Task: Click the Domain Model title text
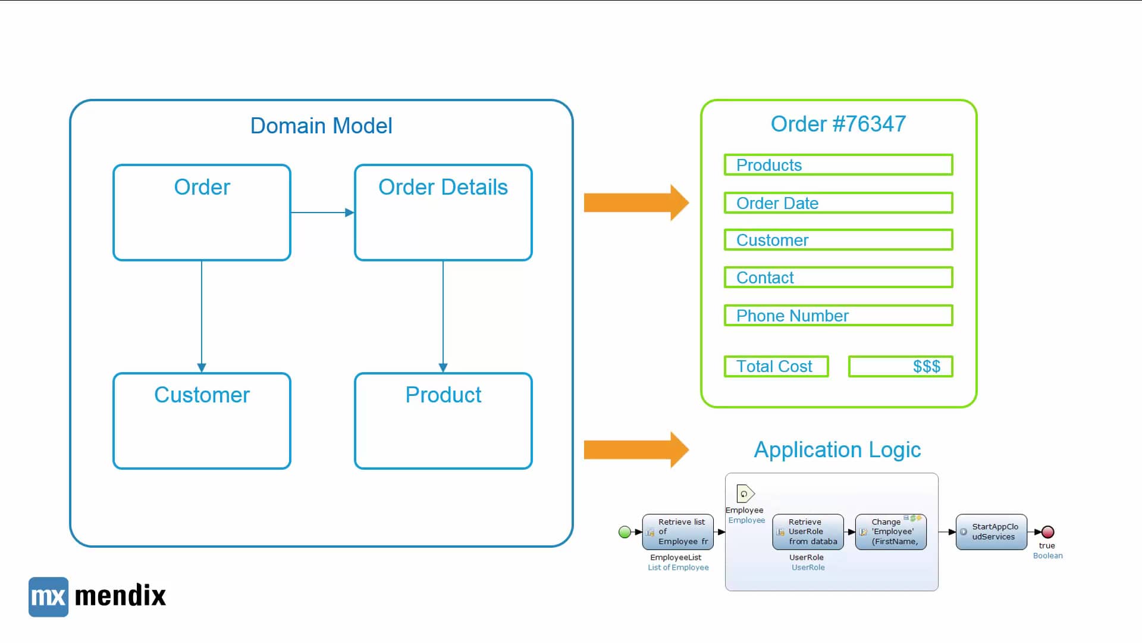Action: (321, 126)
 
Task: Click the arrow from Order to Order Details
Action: (322, 213)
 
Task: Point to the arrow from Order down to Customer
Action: (202, 316)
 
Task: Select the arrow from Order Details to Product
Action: (443, 316)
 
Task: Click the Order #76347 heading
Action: (838, 124)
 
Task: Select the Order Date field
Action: (838, 203)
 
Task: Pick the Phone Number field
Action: (838, 316)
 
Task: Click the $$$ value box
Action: (901, 366)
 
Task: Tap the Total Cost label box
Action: (776, 366)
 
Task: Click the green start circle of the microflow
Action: (625, 532)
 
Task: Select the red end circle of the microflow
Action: (1048, 532)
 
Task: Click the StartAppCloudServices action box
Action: (992, 532)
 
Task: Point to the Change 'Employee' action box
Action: (891, 532)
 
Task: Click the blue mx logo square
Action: (48, 597)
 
